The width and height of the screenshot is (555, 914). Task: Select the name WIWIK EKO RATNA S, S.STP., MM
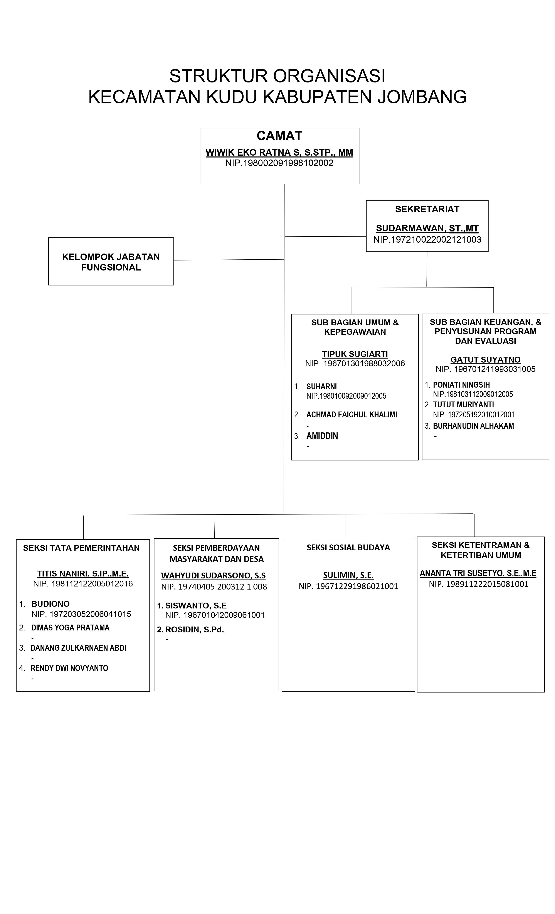279,153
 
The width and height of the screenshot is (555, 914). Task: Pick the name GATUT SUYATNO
485,360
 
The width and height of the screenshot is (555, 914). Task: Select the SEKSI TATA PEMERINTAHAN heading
81,548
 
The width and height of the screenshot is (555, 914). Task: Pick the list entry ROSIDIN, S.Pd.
194,630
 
